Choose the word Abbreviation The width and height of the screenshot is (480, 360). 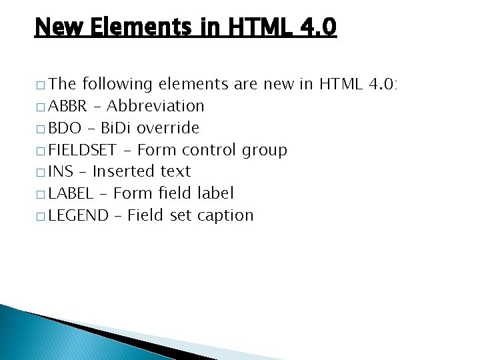pos(155,106)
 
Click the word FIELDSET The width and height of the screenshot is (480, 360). pos(83,150)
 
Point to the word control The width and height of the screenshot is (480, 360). pos(209,150)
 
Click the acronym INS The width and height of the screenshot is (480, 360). pos(61,172)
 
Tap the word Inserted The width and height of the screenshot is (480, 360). pos(124,172)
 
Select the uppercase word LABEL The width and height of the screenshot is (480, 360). pos(71,194)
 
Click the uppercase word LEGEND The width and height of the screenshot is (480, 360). pos(78,216)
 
